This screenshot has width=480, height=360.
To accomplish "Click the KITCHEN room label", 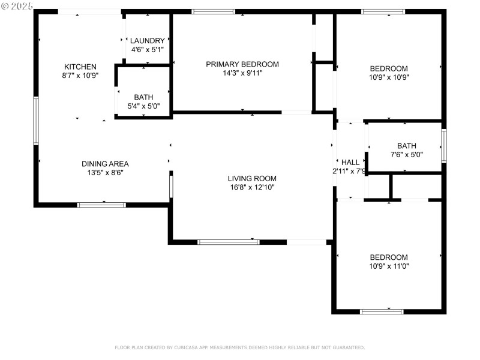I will pos(80,67).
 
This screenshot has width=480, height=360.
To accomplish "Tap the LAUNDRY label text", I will pos(147,41).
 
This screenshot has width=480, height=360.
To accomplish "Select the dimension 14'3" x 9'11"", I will pos(242,73).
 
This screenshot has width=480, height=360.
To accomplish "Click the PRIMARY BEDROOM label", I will pos(242,64).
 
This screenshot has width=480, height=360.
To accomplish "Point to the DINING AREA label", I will pos(105,164).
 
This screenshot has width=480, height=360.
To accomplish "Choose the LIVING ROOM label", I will pos(252,178).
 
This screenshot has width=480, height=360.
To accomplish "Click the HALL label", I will pos(350,162).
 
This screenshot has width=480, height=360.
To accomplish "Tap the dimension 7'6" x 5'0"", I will pos(406,154).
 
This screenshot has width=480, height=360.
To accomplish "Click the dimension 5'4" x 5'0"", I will pos(143,106).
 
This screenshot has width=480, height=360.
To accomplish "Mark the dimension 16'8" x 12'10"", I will pos(252,187).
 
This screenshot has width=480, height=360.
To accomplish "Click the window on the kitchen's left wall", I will pos(36,121).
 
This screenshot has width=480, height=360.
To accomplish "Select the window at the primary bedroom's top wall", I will pos(213,11).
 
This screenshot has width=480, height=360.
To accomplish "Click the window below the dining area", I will pos(101,205).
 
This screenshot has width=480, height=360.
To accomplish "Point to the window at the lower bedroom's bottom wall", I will pos(382,311).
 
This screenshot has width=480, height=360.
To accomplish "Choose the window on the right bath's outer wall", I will pos(444,146).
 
